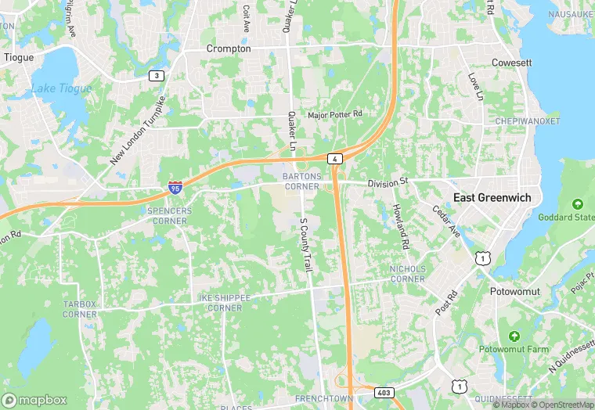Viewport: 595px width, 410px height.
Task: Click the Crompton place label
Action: coord(229,49)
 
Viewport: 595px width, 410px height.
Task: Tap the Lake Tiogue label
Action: coord(61,88)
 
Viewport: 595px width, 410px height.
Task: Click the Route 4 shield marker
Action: coord(335,159)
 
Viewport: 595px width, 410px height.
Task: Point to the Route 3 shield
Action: coord(157,75)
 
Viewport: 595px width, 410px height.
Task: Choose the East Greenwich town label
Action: coord(492,198)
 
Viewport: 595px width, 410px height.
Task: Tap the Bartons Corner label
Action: coord(301,182)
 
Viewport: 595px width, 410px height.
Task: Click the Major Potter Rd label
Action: coord(335,115)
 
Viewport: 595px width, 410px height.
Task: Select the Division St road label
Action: coord(389,182)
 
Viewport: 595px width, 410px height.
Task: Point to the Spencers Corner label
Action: coord(168,216)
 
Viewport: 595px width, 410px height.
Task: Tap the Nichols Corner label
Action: coord(407,274)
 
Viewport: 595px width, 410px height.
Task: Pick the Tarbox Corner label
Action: coord(80,309)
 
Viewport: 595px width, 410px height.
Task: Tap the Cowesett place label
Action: coord(511,63)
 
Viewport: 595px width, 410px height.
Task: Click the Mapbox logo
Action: coord(34,400)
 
